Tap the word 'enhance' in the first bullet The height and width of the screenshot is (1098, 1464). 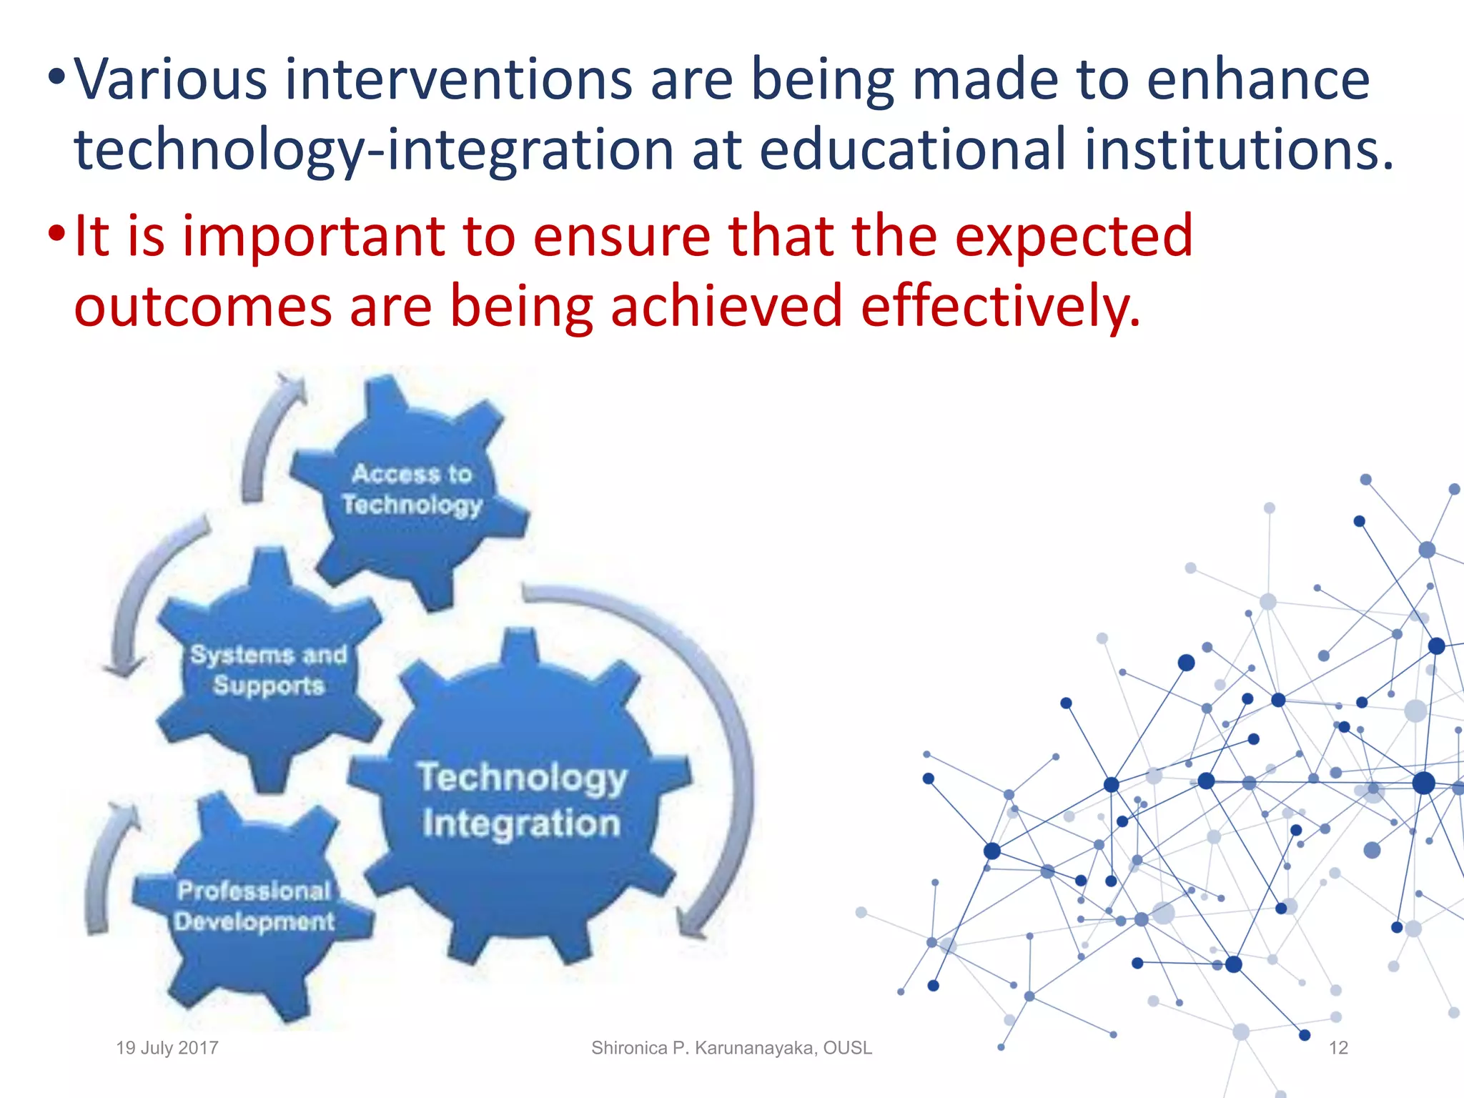tap(1258, 79)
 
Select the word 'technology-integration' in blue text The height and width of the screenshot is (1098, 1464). tap(374, 150)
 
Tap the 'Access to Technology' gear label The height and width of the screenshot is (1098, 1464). tap(412, 489)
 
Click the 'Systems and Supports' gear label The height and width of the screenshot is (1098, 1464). tap(268, 670)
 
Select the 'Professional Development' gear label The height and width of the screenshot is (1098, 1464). tap(254, 906)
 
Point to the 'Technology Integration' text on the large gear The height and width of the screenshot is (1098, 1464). tap(521, 800)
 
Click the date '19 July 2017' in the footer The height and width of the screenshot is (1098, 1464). tap(167, 1048)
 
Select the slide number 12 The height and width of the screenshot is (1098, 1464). tap(1337, 1048)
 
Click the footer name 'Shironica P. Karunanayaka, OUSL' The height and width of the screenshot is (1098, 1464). tap(731, 1048)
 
